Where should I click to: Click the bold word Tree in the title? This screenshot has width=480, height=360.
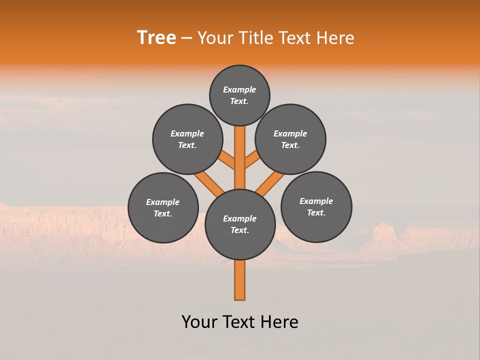(156, 38)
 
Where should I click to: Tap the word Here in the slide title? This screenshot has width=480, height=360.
(334, 38)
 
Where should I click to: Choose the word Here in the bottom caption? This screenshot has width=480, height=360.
(277, 322)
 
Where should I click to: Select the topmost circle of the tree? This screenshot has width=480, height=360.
(239, 95)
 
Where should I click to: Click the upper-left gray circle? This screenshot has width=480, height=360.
(187, 139)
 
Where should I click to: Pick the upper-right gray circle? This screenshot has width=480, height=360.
(290, 139)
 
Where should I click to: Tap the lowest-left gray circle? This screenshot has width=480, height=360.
(163, 207)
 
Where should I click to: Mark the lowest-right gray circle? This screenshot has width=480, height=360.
(316, 206)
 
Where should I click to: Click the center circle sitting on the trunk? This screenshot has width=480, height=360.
(240, 224)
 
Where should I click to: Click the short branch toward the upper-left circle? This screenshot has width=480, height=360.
(227, 160)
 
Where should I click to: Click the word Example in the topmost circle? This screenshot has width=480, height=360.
(239, 89)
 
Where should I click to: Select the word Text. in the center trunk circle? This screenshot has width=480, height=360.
(240, 230)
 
